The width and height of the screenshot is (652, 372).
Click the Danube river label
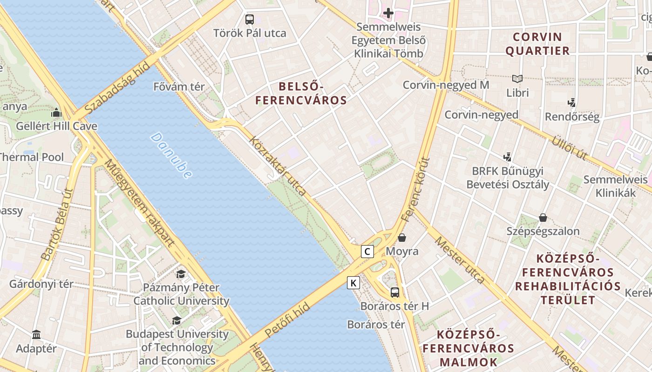point(171,156)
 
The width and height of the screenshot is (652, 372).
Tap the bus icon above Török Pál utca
point(250,20)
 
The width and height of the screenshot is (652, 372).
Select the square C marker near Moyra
point(367,252)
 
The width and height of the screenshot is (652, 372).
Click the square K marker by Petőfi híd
point(353,282)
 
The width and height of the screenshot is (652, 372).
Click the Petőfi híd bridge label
point(287,320)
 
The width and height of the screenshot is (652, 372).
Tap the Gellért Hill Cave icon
point(56,113)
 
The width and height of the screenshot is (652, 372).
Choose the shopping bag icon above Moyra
point(402,238)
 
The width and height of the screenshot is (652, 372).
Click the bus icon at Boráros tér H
point(395,292)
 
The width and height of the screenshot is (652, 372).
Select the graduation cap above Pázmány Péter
point(181,274)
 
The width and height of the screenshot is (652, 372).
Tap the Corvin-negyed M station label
point(446,85)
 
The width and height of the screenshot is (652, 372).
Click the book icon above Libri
point(517,79)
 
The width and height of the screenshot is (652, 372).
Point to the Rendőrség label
point(572,116)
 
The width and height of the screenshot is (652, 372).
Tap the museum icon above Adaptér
point(36,335)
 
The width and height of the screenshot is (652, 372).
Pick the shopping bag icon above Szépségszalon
point(543,217)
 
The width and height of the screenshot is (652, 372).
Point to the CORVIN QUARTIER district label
point(537,44)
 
